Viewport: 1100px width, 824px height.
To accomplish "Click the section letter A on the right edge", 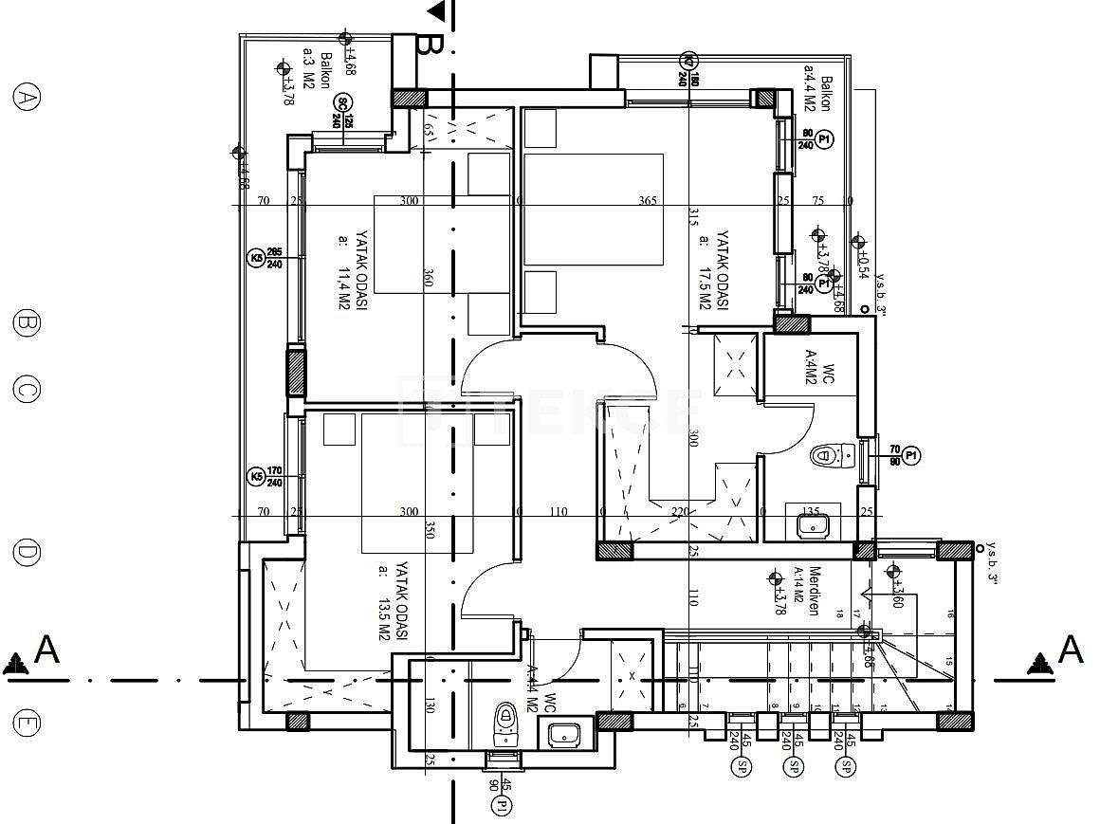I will click(x=1071, y=650).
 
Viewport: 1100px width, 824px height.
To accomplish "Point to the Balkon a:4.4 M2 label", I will click(x=817, y=94).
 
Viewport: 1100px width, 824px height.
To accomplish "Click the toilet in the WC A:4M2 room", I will click(x=832, y=456).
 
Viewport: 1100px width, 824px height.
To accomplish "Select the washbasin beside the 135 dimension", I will click(x=813, y=524).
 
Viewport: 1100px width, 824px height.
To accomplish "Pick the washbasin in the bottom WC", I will click(x=565, y=733).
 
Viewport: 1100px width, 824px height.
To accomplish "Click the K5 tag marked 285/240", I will click(x=255, y=258).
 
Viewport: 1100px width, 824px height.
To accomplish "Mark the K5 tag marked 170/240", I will click(x=255, y=476).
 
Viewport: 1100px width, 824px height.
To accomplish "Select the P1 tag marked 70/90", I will click(x=911, y=456).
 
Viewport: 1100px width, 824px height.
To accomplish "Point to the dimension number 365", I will click(x=648, y=201).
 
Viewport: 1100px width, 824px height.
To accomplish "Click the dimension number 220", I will click(x=679, y=512).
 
